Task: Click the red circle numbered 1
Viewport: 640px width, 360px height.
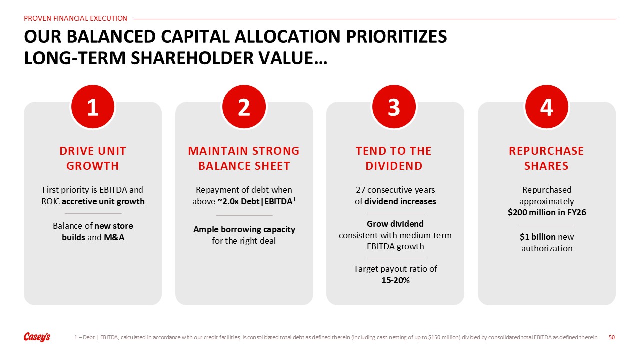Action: click(93, 107)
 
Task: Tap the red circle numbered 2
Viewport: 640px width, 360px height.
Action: click(244, 107)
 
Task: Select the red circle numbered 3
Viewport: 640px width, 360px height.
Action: click(394, 107)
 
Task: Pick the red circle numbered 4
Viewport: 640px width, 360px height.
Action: click(547, 107)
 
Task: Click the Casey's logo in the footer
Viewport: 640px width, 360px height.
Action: click(37, 337)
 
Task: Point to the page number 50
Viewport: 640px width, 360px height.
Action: click(611, 337)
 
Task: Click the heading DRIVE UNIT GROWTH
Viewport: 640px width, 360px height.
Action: click(93, 158)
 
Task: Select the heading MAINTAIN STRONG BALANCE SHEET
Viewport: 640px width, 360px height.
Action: click(244, 158)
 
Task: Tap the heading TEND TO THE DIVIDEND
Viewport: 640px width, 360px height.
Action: click(394, 158)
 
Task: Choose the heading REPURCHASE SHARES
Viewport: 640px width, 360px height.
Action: click(546, 158)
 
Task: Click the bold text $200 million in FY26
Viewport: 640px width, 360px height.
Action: click(547, 212)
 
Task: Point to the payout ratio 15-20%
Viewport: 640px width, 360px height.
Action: click(395, 280)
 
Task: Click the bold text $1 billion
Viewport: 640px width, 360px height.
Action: click(537, 237)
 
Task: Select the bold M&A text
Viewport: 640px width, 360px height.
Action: click(114, 237)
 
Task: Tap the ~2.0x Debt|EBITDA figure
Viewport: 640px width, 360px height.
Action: click(256, 201)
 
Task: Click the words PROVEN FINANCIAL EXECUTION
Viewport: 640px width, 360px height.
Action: click(75, 18)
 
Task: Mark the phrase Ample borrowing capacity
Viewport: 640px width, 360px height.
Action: click(244, 229)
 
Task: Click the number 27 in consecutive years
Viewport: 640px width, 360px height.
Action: click(360, 190)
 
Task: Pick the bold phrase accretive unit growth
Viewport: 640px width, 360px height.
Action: click(103, 201)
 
